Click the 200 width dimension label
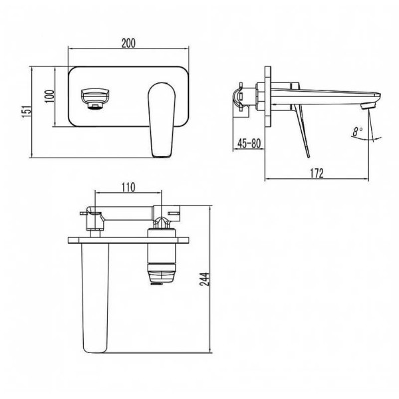tap(128, 43)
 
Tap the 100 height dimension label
tap(50, 96)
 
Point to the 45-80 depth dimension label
tap(249, 143)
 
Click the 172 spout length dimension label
tap(317, 174)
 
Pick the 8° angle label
tap(358, 132)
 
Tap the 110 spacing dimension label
tap(128, 188)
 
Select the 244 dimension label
tap(205, 279)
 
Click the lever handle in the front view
tap(162, 120)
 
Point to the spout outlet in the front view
tap(95, 99)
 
